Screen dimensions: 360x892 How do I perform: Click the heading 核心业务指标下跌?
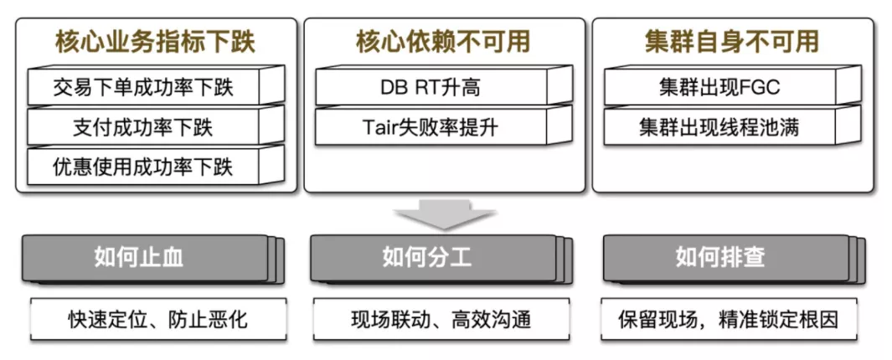click(155, 41)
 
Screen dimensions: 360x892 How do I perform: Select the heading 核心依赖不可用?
click(443, 41)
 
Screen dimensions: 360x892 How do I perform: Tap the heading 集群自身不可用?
click(731, 41)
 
